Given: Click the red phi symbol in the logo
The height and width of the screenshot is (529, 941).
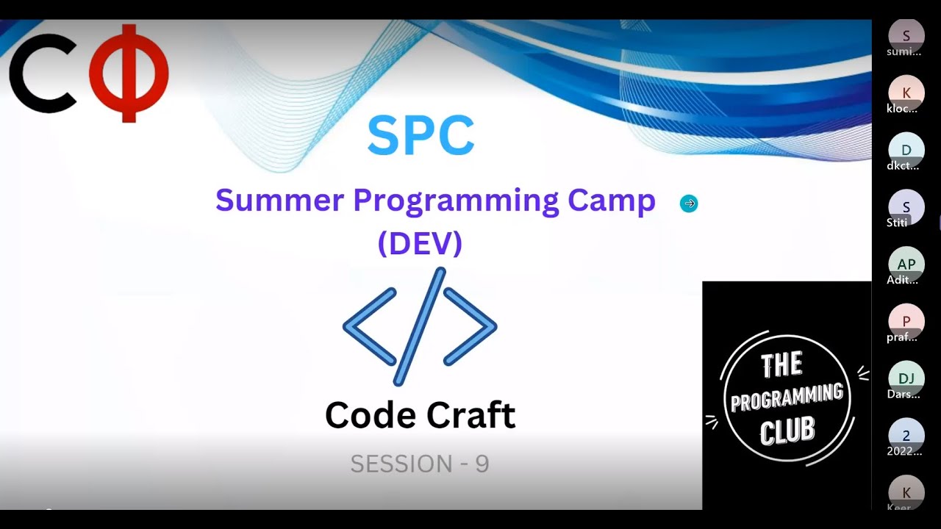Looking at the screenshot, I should coord(129,73).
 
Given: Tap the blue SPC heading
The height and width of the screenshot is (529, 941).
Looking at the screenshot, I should coord(421,136).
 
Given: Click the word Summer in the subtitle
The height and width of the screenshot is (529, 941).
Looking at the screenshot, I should coord(279,200).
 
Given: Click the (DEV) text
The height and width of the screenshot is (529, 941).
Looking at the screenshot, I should coord(420,243).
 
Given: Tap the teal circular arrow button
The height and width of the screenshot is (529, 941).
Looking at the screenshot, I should coord(689,204).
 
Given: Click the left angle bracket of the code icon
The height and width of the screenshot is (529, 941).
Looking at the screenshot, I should coord(370,327).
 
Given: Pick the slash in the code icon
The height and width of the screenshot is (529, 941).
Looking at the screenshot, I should coord(421,326).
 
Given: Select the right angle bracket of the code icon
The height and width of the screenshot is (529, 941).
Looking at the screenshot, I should coord(470,327).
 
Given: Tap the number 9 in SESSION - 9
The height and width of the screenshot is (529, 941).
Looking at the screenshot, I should coord(482,464).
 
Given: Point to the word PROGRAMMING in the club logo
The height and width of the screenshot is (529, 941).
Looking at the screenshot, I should coord(787,397).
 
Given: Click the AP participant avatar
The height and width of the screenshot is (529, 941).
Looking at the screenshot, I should coord(906,264).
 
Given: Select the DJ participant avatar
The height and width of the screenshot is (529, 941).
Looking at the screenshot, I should coord(906,378).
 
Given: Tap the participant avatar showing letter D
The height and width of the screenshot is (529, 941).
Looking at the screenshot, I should coord(906,150).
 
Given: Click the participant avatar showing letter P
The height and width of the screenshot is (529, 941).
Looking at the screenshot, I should coord(906,321).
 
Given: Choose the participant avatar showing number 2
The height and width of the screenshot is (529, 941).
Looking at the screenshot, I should coord(906,435).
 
